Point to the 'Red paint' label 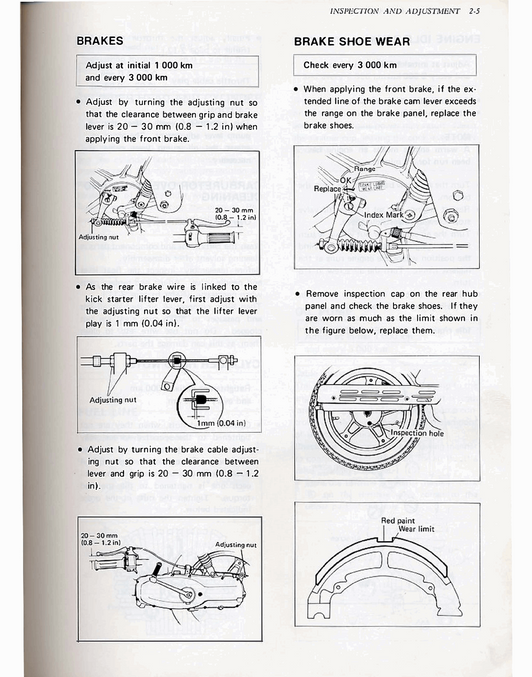pos(399,521)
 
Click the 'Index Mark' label pos(387,215)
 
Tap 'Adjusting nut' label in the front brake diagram pos(99,237)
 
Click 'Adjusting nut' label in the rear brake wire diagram pos(113,399)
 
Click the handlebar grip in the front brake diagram pos(219,242)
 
